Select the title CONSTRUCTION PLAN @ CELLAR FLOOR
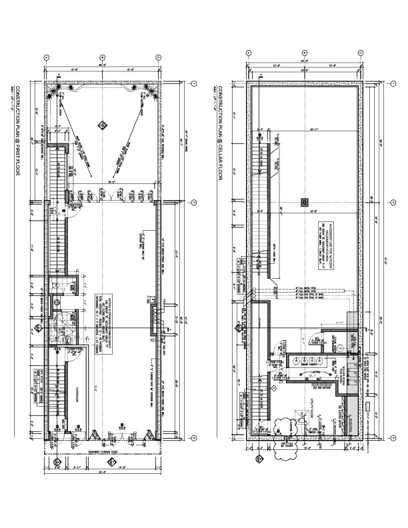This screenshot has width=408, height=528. point(215,134)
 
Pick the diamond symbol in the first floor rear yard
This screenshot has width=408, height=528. point(102,124)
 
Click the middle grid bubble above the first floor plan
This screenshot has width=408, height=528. point(102,58)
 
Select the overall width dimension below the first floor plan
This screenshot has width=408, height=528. point(102,473)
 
